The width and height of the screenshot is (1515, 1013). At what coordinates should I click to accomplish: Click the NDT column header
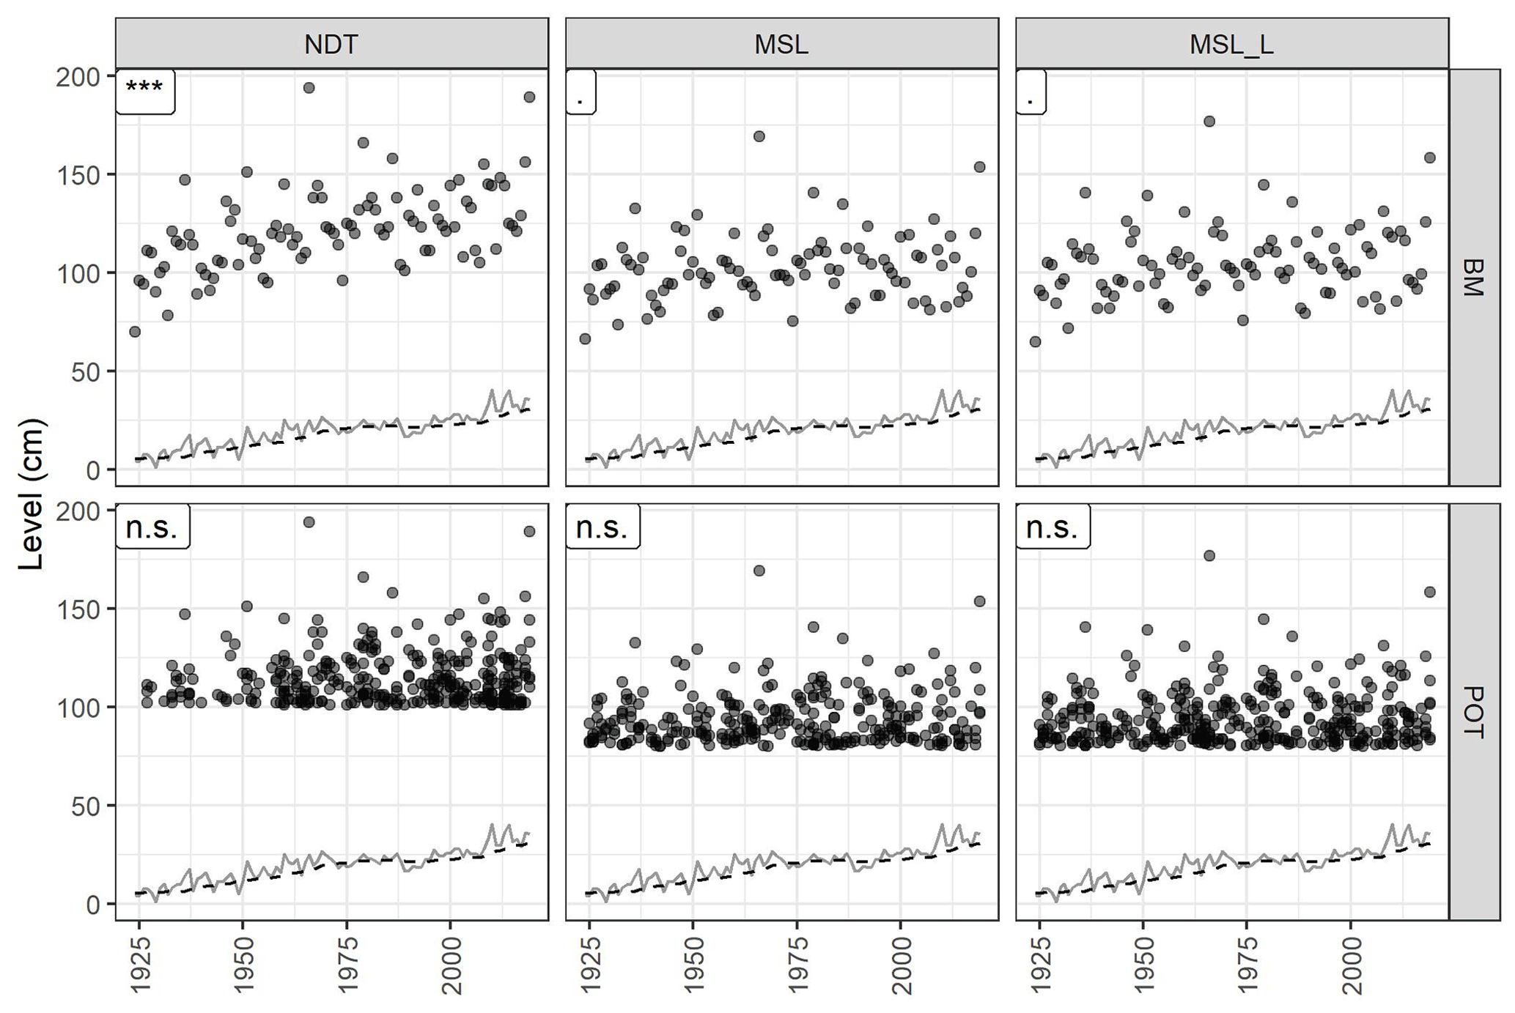331,45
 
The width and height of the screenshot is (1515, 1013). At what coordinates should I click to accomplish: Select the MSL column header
781,45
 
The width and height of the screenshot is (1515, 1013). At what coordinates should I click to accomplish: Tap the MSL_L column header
1231,45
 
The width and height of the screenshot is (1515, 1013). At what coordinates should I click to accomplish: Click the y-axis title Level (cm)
32,494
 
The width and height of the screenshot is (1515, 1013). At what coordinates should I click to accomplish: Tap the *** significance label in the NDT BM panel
144,89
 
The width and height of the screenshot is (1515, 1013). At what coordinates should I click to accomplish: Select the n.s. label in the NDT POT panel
152,527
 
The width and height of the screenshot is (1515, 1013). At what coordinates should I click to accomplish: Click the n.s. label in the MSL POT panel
602,527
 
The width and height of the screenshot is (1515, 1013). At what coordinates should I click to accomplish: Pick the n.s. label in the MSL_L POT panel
1052,527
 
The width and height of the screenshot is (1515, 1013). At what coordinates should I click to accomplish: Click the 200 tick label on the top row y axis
78,77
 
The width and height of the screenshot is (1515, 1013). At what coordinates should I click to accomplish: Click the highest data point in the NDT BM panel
309,88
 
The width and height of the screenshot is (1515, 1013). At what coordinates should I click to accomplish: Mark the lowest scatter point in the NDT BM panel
135,332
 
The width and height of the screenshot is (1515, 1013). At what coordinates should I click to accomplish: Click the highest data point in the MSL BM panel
759,136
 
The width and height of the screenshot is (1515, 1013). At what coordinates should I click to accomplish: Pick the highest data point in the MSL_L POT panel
1209,556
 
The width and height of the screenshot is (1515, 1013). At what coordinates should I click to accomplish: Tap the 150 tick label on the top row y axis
78,174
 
